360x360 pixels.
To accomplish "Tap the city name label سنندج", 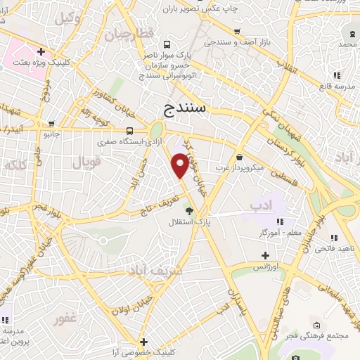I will tap(188, 108).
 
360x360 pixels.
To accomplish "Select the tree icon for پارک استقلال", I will tap(188, 210).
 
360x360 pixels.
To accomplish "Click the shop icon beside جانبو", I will tap(69, 133).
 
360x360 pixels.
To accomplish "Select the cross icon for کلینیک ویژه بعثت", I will tap(41, 51).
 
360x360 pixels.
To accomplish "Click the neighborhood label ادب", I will tap(259, 205).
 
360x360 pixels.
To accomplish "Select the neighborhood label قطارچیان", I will tap(129, 34).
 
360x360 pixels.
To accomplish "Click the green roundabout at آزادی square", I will tap(156, 129).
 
